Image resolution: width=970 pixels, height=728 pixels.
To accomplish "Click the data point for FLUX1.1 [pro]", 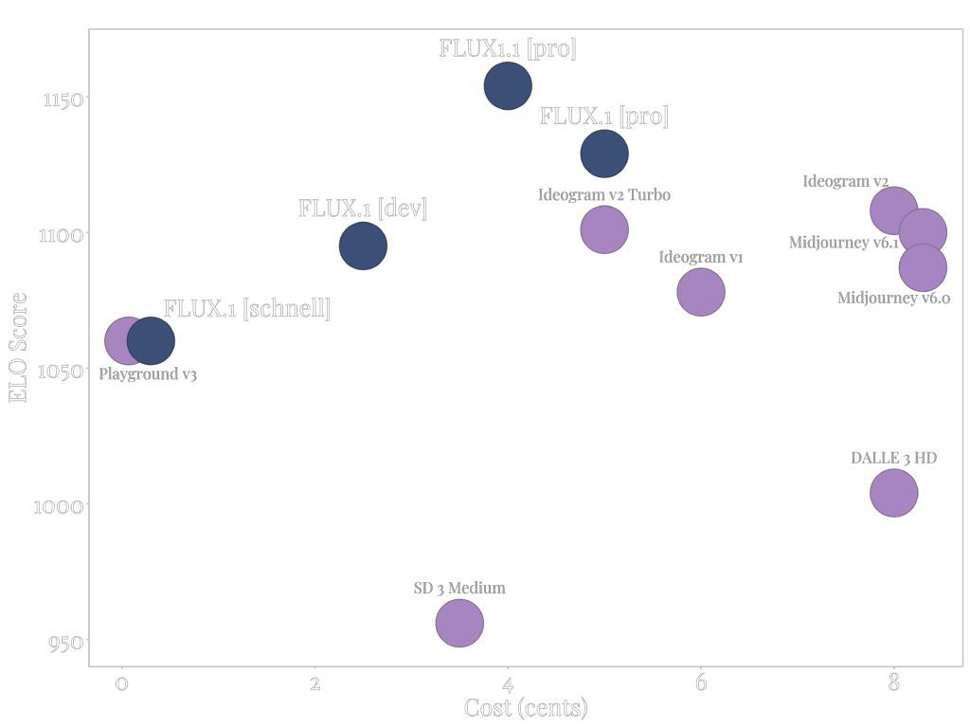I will tap(508, 85).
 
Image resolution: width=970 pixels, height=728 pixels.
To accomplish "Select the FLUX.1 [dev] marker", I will tap(363, 246).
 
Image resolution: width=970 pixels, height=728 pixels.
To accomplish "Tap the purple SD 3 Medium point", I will tap(459, 623).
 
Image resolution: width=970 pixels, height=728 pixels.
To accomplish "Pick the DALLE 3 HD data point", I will tap(893, 493).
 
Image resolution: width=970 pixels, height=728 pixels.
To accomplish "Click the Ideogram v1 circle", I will tap(700, 292).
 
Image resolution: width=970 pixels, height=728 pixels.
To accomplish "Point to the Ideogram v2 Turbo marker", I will tap(603, 229).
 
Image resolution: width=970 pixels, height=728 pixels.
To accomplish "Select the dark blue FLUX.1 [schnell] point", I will tap(151, 340).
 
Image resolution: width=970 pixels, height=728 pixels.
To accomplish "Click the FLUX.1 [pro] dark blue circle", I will tap(603, 154).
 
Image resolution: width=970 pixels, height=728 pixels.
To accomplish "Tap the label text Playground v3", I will tap(148, 374).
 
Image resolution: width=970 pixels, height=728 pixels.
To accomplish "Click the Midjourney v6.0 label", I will tap(893, 299).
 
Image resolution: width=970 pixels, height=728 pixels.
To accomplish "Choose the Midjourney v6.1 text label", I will tap(843, 243).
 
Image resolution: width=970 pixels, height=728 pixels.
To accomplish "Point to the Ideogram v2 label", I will tap(845, 182).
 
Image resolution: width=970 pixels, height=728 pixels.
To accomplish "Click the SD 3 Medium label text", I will tap(459, 589).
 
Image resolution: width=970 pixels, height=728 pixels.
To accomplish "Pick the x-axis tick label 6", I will tap(700, 683).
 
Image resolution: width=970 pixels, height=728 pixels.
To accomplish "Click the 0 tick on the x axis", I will tap(121, 683).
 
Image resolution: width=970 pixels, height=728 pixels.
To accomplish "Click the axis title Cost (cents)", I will tap(526, 708).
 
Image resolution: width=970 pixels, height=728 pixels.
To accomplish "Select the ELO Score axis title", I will tap(18, 347).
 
